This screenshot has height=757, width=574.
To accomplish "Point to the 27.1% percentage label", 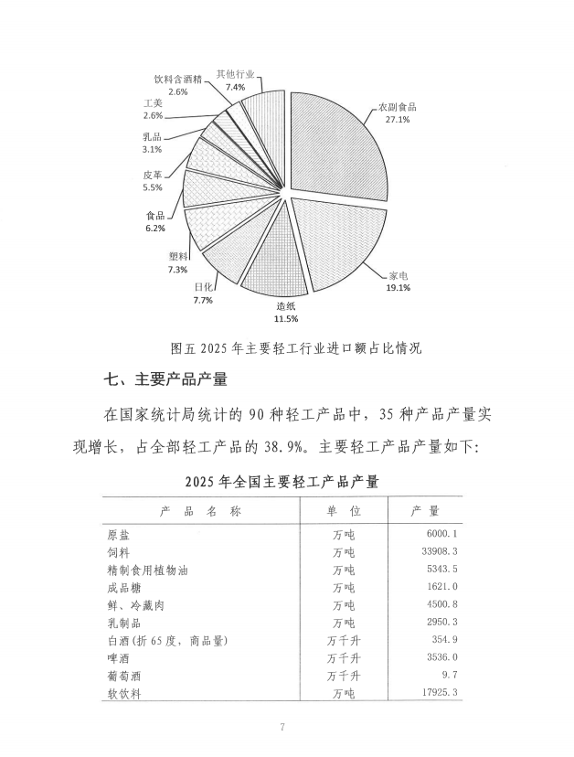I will click(397, 119).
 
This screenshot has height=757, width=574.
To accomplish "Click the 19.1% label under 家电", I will click(398, 287).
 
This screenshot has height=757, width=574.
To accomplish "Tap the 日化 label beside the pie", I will click(203, 287).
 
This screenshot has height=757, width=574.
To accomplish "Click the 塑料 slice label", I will click(178, 257).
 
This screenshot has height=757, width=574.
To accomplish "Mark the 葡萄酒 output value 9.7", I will click(448, 677).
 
